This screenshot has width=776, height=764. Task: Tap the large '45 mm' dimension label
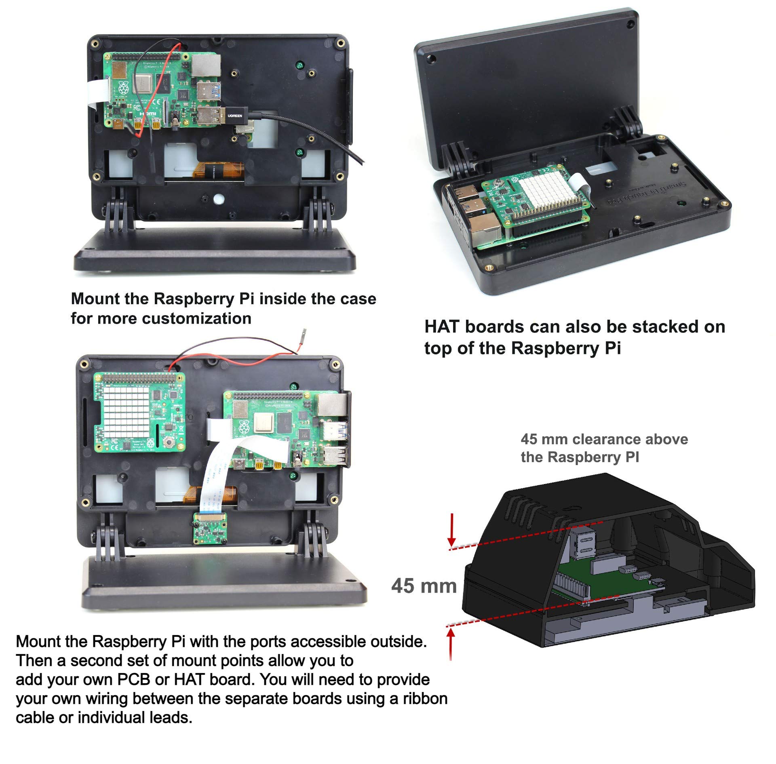[424, 585]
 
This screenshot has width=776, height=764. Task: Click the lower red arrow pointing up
[451, 643]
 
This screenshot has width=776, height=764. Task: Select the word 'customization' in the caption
[196, 319]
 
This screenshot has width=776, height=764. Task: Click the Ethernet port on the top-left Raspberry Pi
[206, 64]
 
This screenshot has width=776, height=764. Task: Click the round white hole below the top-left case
[218, 199]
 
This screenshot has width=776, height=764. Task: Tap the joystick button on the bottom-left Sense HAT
[169, 441]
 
